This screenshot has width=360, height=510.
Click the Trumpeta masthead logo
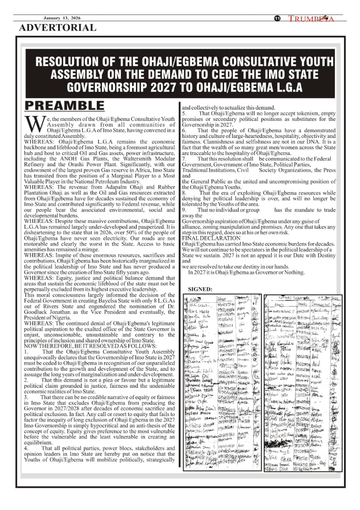[x=311, y=18]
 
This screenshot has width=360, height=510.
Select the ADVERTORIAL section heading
[x=57, y=27]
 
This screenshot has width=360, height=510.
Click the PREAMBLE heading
[x=64, y=105]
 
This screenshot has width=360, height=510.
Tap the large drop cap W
[x=31, y=124]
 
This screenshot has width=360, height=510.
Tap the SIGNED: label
[x=200, y=289]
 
